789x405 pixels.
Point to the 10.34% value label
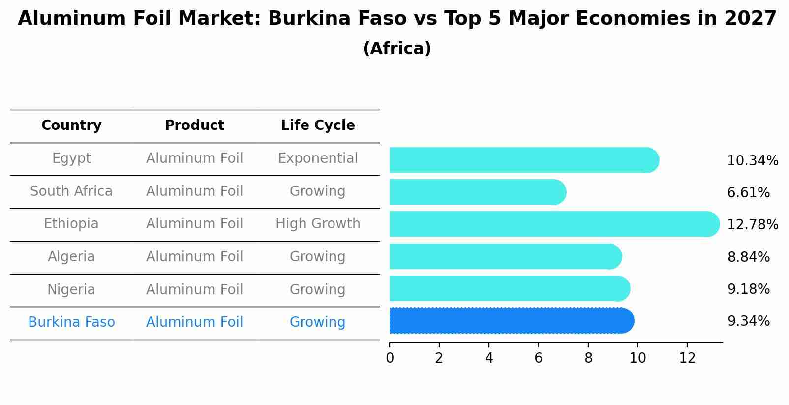click(752, 161)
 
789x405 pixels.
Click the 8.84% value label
click(748, 257)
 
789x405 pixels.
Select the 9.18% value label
click(748, 289)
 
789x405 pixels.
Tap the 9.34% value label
click(748, 321)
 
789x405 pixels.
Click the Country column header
click(71, 125)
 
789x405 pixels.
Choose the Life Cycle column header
click(318, 125)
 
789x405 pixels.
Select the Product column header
click(194, 125)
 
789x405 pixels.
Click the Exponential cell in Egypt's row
click(318, 158)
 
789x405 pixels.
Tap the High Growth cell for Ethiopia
click(318, 224)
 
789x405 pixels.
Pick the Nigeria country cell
click(71, 289)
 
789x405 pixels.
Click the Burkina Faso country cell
click(71, 322)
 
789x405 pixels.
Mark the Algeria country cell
click(71, 257)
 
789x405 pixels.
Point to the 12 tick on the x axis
click(687, 358)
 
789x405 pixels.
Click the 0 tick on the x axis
click(390, 358)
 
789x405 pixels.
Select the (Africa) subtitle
click(397, 49)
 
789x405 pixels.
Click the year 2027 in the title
click(750, 19)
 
